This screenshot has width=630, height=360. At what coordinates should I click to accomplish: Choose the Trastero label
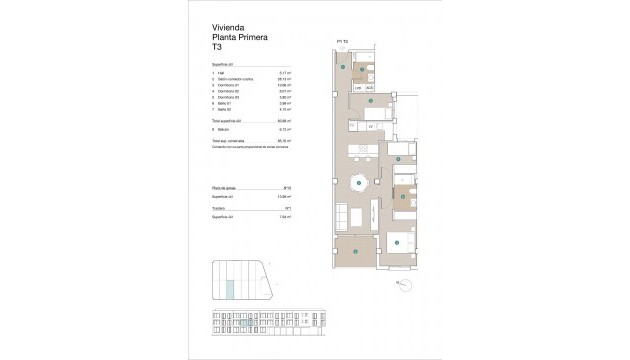point(221,208)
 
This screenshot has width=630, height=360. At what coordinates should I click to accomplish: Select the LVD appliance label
point(358,88)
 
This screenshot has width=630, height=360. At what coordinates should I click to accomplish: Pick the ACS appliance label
point(369,88)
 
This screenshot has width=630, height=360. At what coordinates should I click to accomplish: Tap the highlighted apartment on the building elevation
point(322,320)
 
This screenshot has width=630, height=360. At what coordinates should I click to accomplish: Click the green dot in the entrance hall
point(344,66)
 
